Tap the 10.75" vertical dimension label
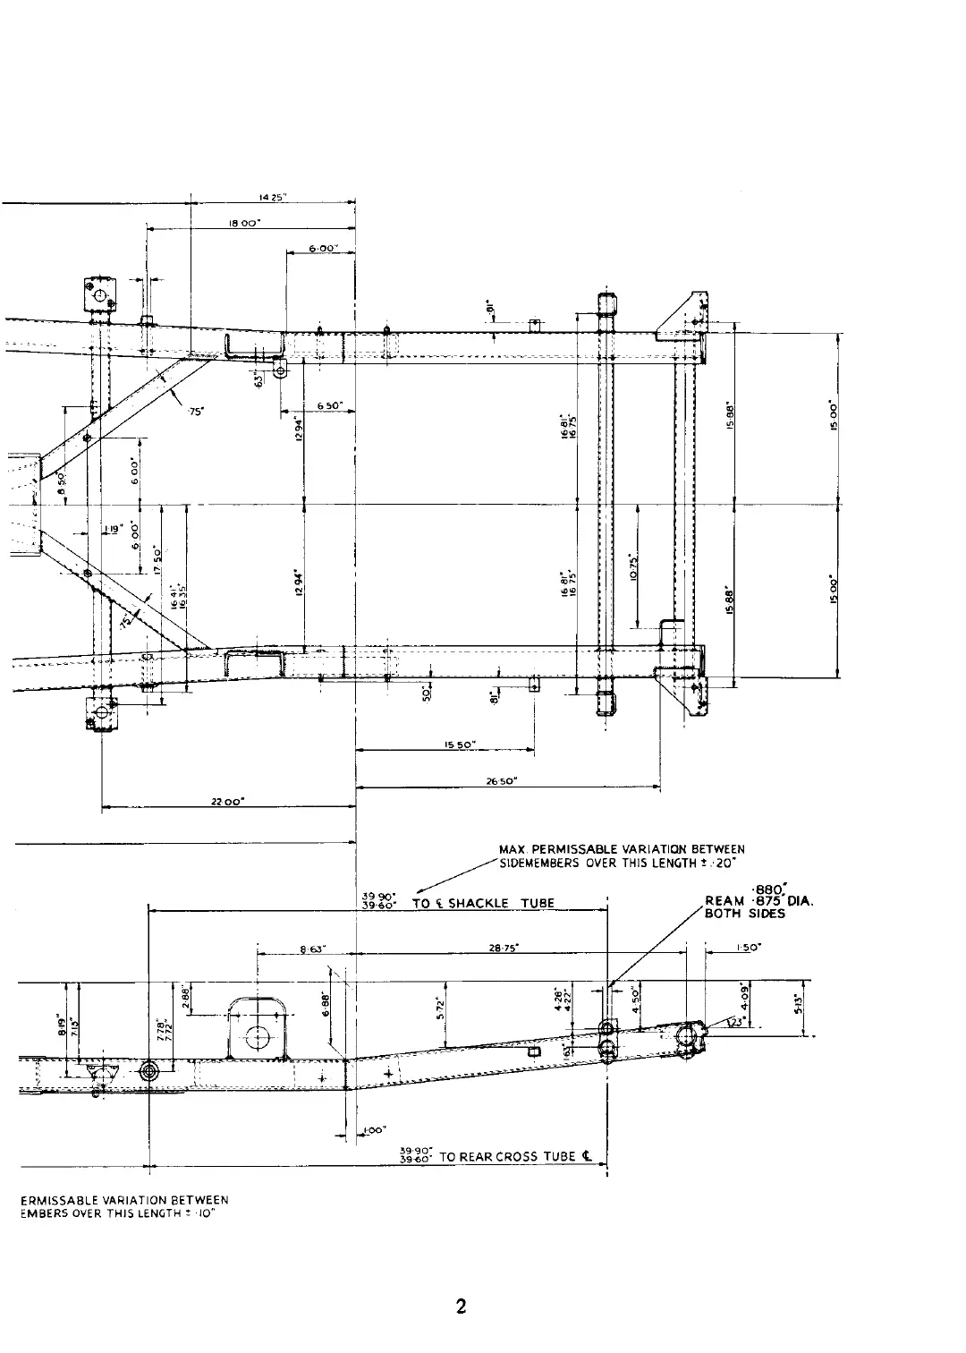[x=633, y=565]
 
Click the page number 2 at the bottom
[x=461, y=1306]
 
